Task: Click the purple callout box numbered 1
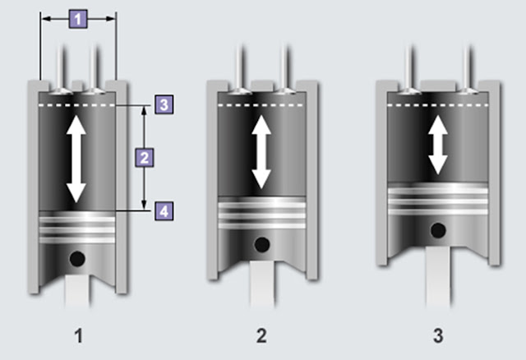click(76, 17)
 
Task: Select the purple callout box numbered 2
click(144, 156)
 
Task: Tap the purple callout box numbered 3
click(164, 104)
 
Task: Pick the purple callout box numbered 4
click(164, 211)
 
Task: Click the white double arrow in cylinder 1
click(76, 158)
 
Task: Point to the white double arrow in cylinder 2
click(261, 150)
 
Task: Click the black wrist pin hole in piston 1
click(77, 259)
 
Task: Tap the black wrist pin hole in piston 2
click(261, 244)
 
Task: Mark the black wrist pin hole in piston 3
click(441, 229)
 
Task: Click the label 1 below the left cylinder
click(79, 335)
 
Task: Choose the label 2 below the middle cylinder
click(261, 335)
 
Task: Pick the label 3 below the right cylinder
click(440, 335)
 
